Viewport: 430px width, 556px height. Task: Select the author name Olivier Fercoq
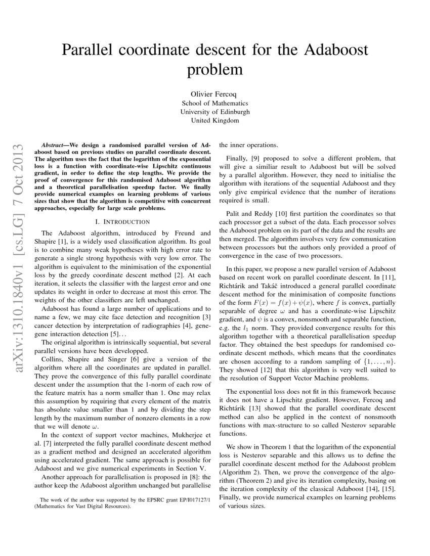pos(215,94)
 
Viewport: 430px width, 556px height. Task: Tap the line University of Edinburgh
pos(215,112)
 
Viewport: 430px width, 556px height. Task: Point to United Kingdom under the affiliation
pos(215,120)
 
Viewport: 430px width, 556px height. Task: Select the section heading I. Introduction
pos(122,221)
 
